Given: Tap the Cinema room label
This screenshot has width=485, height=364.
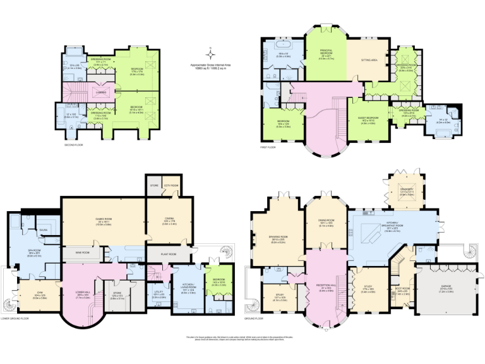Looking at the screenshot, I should tap(169, 217).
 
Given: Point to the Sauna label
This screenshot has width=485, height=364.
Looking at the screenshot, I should tap(44, 230).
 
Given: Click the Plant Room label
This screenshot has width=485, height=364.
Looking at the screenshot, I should tap(169, 254).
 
